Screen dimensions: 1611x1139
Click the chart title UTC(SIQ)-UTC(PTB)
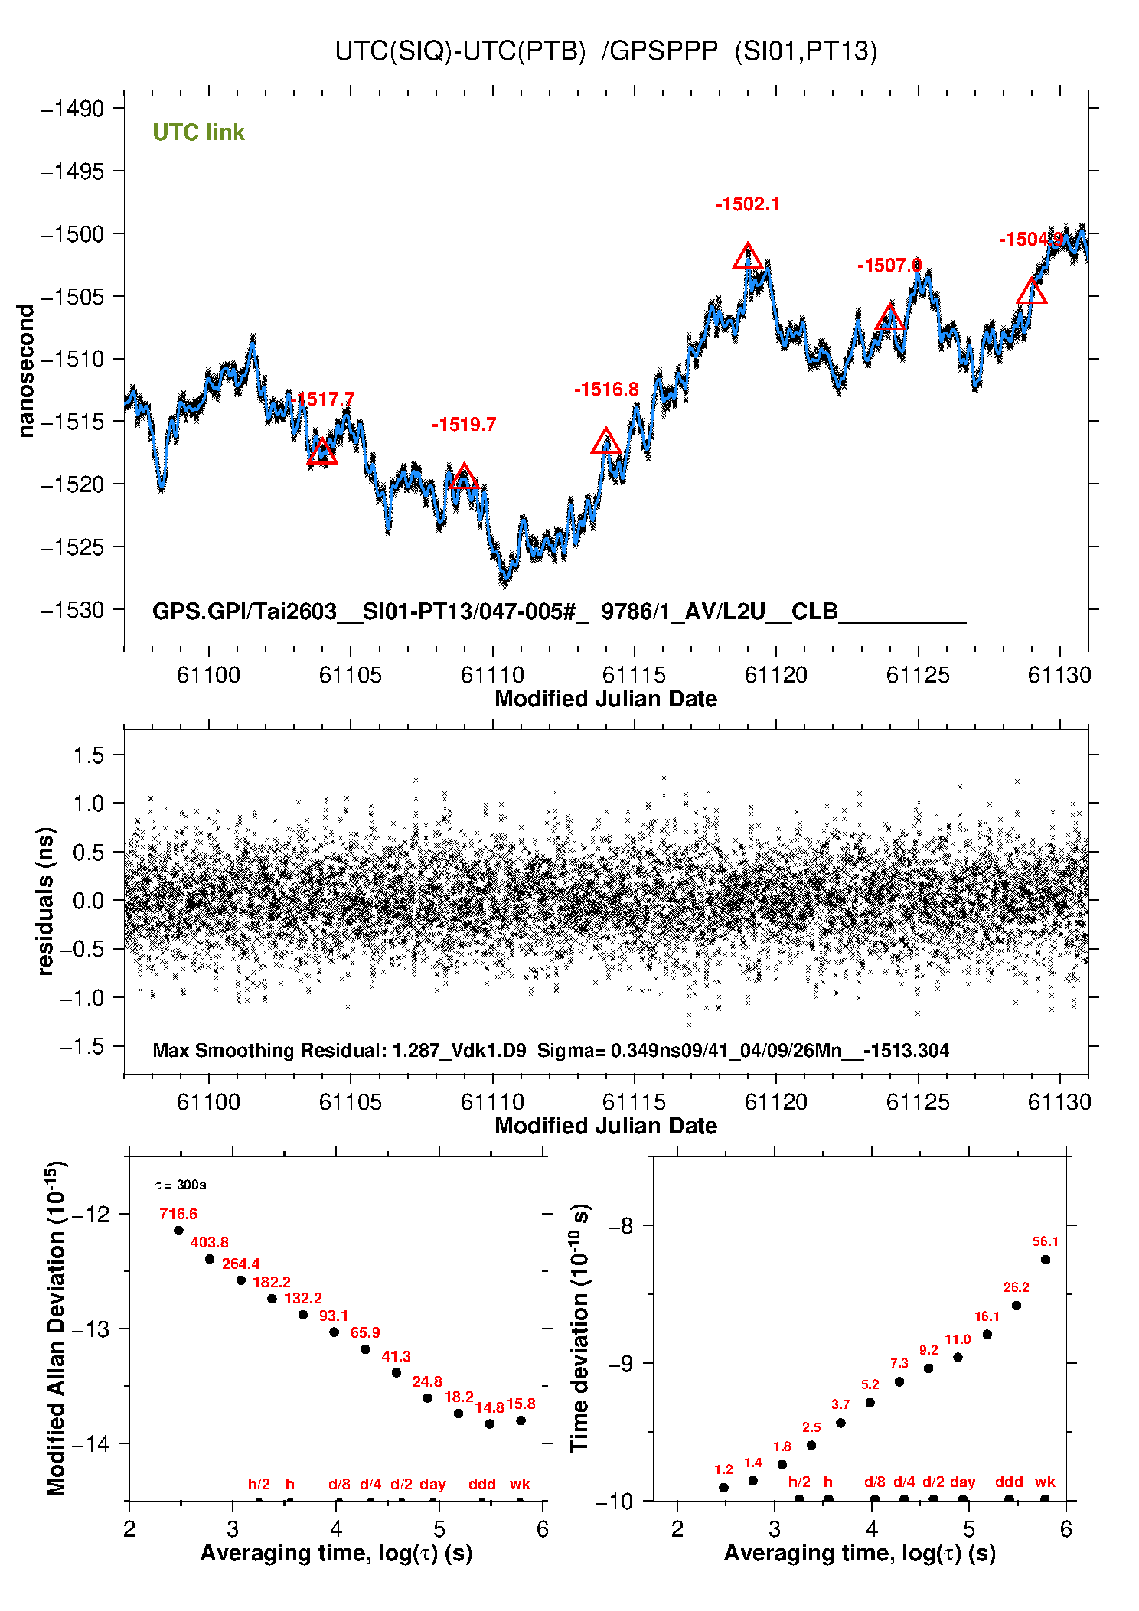click(459, 51)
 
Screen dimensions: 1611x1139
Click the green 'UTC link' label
click(198, 132)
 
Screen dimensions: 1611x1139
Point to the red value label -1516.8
click(606, 390)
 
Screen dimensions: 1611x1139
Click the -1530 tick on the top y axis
click(73, 610)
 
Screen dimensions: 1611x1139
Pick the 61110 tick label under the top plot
click(492, 675)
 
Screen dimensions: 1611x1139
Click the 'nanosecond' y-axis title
click(26, 371)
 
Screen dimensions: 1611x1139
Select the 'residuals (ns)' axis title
click(46, 901)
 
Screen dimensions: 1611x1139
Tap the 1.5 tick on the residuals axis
click(88, 755)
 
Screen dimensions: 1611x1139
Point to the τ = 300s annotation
click(181, 1185)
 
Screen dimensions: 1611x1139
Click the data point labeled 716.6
click(178, 1231)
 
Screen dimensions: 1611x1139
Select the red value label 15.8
click(521, 1404)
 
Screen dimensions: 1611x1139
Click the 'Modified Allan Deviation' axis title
click(55, 1328)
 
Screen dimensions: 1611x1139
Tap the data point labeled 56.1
click(1046, 1260)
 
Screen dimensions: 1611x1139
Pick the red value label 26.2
click(1016, 1287)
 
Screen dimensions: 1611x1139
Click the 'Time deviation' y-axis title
click(579, 1328)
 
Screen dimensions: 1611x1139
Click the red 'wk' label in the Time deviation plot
click(1045, 1482)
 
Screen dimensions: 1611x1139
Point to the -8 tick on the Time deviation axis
click(620, 1226)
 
